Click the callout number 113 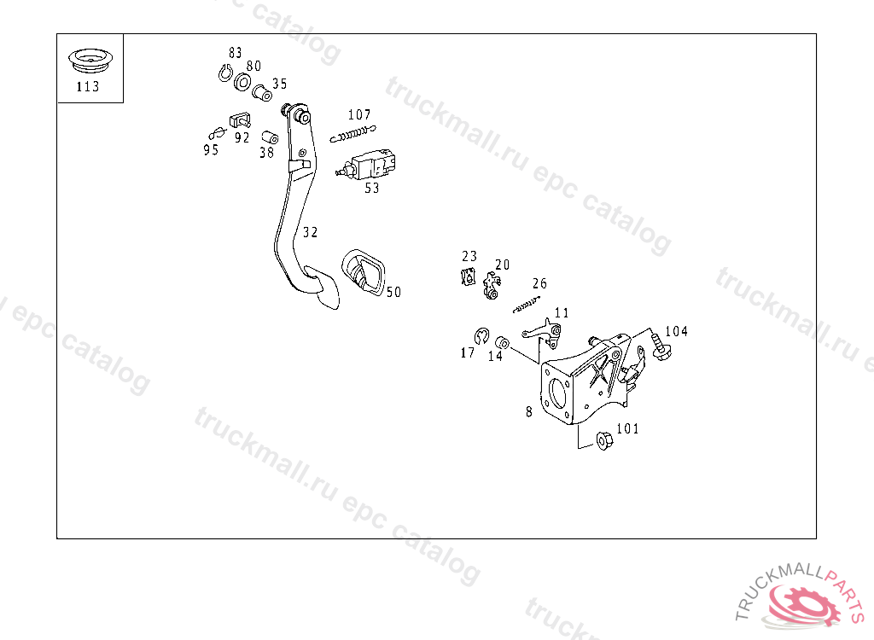[88, 86]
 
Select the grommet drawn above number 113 [90, 61]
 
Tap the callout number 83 [236, 52]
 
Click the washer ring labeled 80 [242, 82]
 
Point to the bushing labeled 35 [262, 93]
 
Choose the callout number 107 [359, 115]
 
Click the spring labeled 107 [353, 134]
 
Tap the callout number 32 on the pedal [311, 232]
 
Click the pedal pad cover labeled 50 [364, 273]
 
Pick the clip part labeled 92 [240, 120]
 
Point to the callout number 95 [211, 150]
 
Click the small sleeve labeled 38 [271, 137]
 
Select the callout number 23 [469, 256]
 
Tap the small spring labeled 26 [527, 305]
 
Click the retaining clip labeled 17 [481, 336]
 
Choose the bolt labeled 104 [661, 346]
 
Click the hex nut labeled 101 [603, 440]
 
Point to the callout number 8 [529, 411]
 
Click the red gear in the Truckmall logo [802, 605]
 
